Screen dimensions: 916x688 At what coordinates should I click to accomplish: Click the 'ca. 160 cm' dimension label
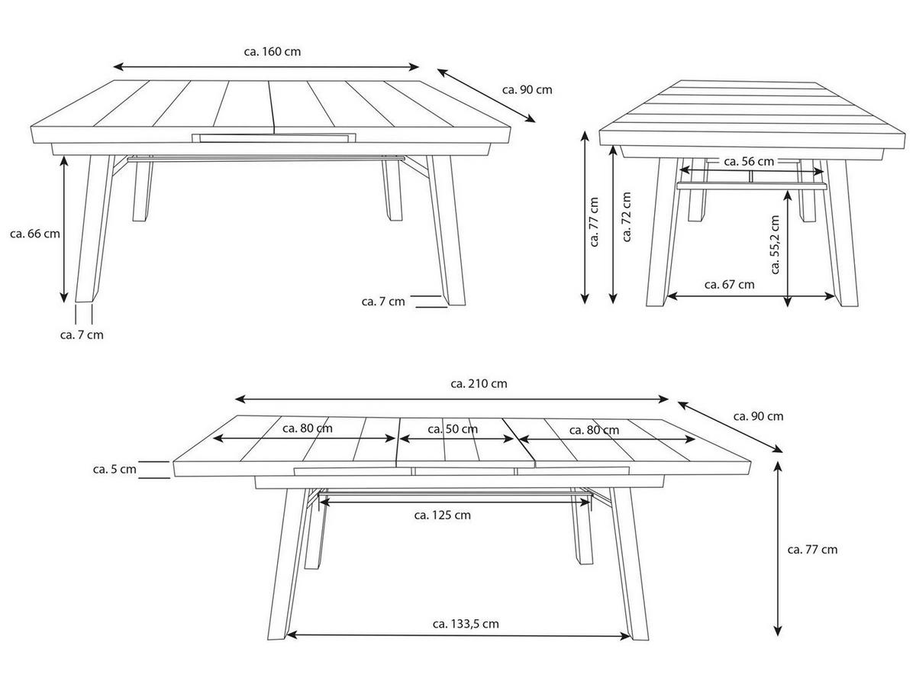(x=272, y=52)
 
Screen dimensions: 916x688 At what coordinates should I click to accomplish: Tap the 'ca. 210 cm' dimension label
(x=479, y=383)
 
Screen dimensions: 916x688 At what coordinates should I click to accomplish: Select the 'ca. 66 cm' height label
(x=35, y=234)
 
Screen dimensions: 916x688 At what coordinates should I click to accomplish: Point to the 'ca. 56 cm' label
(x=749, y=162)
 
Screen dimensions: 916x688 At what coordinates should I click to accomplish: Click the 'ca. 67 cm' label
(x=729, y=285)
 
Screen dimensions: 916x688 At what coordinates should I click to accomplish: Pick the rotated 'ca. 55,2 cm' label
(x=775, y=244)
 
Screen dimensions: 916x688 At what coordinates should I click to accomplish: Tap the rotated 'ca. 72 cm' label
(x=627, y=217)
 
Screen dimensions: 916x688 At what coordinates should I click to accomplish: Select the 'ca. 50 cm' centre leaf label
(x=453, y=429)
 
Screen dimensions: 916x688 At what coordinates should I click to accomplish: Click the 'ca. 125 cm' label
(x=442, y=515)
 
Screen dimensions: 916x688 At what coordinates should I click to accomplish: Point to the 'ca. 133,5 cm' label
(x=466, y=624)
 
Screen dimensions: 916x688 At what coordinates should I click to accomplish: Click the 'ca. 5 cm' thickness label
(x=114, y=470)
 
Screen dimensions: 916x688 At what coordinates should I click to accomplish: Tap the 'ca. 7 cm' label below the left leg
(x=82, y=334)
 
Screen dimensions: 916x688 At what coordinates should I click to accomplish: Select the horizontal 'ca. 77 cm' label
(x=812, y=549)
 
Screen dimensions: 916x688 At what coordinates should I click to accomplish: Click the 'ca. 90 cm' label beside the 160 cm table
(x=527, y=90)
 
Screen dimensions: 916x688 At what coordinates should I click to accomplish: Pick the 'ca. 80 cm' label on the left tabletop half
(x=308, y=428)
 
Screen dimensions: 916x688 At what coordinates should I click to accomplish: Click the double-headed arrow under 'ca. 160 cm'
(x=266, y=66)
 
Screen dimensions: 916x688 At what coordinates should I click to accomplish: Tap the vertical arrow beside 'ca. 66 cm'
(x=64, y=229)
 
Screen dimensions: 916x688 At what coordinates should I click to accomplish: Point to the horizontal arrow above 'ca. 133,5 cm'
(x=459, y=635)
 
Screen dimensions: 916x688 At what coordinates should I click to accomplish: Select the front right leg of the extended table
(x=629, y=564)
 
